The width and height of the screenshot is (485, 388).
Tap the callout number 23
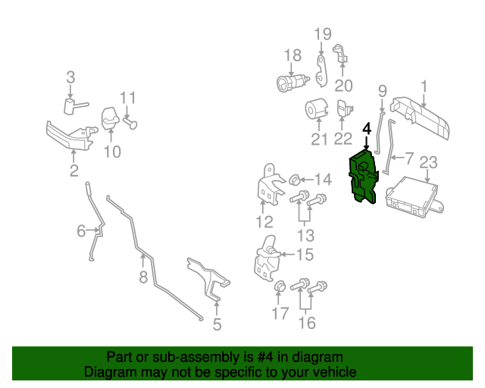point(428,162)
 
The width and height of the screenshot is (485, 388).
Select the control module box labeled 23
point(413,196)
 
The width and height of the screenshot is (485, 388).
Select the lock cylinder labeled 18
point(293,81)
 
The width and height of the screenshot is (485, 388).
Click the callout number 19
point(323,34)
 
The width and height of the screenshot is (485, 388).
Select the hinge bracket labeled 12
point(265,189)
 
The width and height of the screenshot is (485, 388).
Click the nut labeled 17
point(280,286)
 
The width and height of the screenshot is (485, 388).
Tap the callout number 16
point(306,324)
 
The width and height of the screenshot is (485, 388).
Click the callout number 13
point(306,235)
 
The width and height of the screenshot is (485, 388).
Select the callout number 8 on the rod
point(142,277)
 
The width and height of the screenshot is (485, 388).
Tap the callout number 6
point(81,230)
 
